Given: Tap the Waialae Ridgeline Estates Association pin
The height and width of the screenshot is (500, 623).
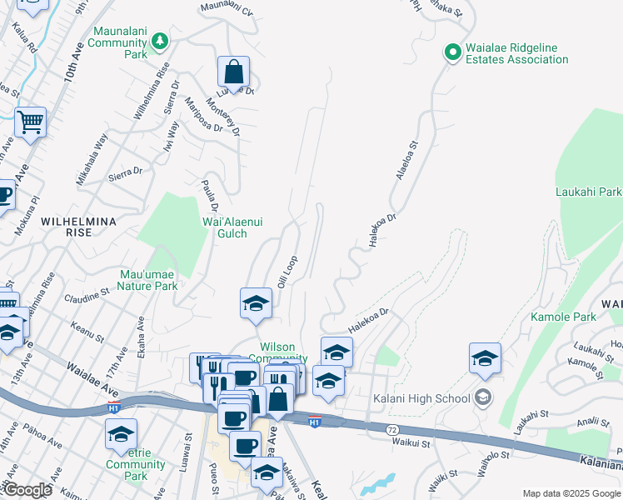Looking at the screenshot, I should [453, 52].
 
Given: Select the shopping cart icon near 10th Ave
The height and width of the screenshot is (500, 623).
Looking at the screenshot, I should [30, 122].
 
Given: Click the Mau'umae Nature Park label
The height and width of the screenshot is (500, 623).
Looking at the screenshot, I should [148, 279].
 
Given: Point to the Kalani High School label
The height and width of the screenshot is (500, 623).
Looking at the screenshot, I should [421, 398].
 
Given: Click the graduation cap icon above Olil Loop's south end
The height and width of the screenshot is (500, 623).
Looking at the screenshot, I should [256, 304].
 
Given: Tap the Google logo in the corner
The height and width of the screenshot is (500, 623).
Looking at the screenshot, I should [27, 490].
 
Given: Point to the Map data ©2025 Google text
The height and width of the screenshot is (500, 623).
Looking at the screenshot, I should [571, 493].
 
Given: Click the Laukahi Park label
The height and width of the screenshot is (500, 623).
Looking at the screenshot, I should [588, 192].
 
